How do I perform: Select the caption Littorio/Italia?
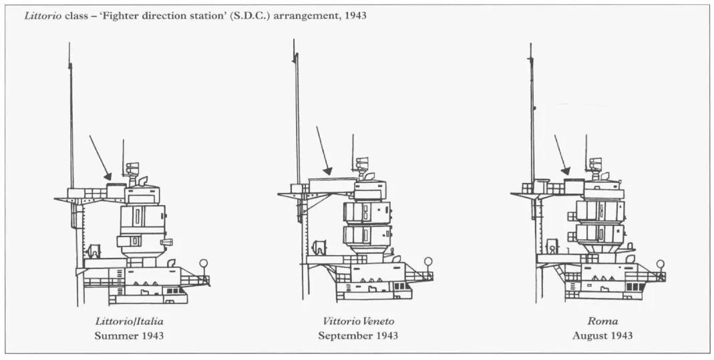[130, 321]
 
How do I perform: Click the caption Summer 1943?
[130, 336]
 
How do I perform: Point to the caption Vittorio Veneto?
[359, 321]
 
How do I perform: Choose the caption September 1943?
[358, 337]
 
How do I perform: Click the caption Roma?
[602, 321]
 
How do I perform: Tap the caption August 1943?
[602, 337]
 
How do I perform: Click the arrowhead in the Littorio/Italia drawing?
[108, 176]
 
